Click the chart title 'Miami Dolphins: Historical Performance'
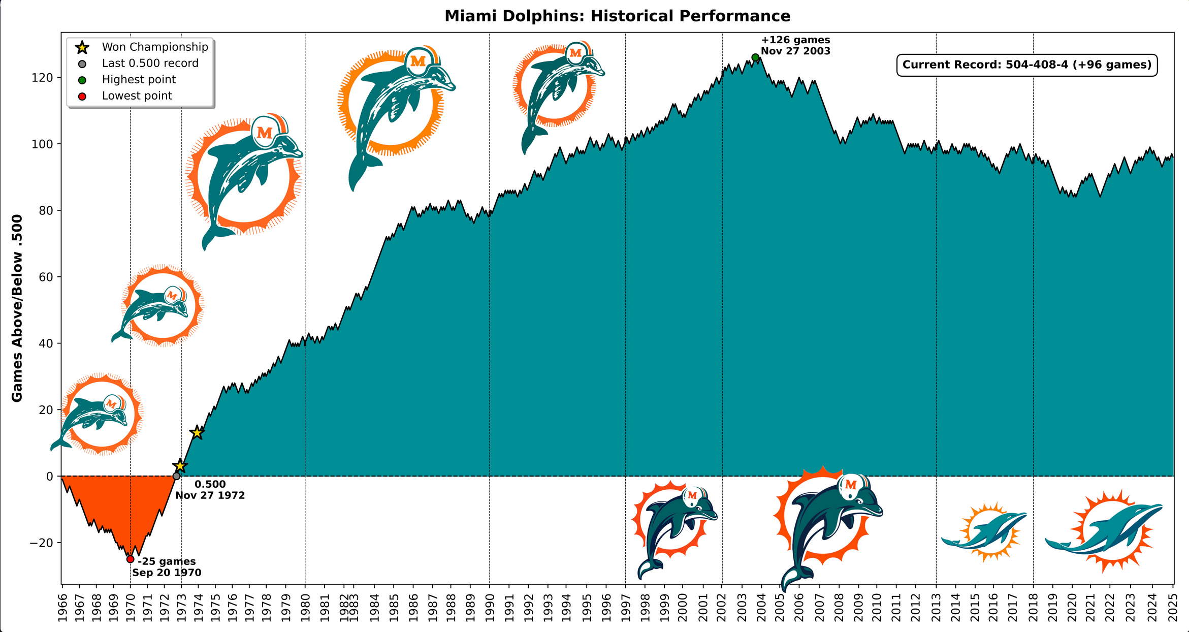point(617,16)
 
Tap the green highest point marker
point(755,57)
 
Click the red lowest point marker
point(130,559)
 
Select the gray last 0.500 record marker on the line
point(176,476)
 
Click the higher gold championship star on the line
point(197,433)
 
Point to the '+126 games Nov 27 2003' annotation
point(795,46)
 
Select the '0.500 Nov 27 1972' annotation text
point(210,490)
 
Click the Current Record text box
point(1026,65)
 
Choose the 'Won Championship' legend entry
point(155,47)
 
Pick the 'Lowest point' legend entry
point(137,96)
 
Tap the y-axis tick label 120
point(43,78)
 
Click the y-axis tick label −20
point(41,543)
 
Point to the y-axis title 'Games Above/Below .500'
point(17,308)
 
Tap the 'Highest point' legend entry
point(139,80)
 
